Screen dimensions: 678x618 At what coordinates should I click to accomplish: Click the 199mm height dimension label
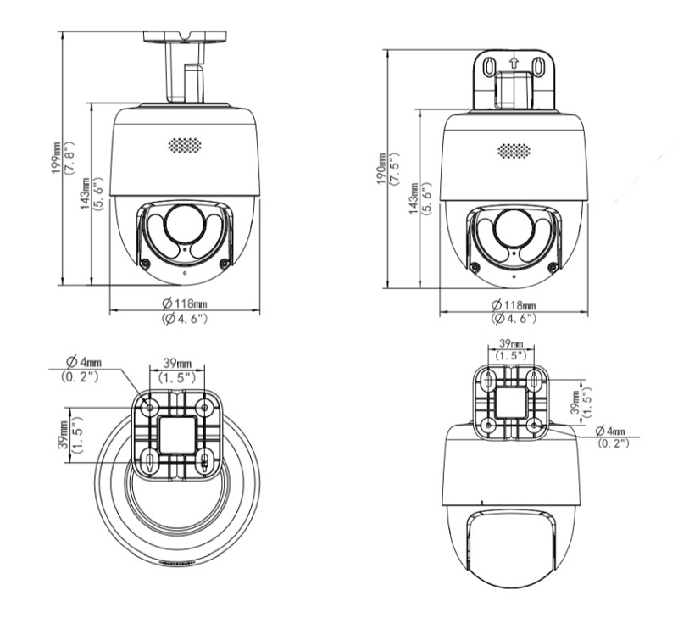point(57,158)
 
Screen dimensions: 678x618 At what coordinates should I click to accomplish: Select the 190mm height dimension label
point(381,169)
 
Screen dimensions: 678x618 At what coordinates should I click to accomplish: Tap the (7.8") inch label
point(69,158)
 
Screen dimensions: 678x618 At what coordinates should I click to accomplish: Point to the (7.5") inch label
point(394,169)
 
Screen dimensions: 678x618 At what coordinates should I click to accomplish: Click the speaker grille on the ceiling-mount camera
point(185,145)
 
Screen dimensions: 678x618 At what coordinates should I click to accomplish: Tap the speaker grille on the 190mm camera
point(514,151)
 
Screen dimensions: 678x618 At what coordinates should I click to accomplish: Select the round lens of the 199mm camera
point(185,225)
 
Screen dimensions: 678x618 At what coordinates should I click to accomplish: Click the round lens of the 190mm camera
point(514,229)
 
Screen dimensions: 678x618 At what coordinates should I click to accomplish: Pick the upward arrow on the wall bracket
point(514,62)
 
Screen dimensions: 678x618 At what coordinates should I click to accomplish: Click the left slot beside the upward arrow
point(489,67)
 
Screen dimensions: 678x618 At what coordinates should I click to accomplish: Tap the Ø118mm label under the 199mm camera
point(185,303)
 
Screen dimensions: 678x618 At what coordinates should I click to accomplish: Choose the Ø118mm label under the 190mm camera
point(514,305)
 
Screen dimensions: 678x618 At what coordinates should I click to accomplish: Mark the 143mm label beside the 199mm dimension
point(86,193)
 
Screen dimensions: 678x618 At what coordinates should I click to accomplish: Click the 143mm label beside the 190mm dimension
point(414,198)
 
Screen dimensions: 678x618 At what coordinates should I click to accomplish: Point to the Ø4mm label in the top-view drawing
point(84,361)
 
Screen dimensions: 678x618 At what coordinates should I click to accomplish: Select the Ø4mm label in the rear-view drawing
point(610,431)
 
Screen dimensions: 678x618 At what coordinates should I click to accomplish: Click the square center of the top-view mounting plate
point(177,435)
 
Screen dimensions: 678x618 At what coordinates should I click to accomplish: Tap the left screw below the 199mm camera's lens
point(146,263)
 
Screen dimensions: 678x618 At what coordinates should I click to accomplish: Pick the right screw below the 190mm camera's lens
point(553,267)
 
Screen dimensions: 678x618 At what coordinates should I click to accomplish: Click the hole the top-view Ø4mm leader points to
point(150,408)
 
